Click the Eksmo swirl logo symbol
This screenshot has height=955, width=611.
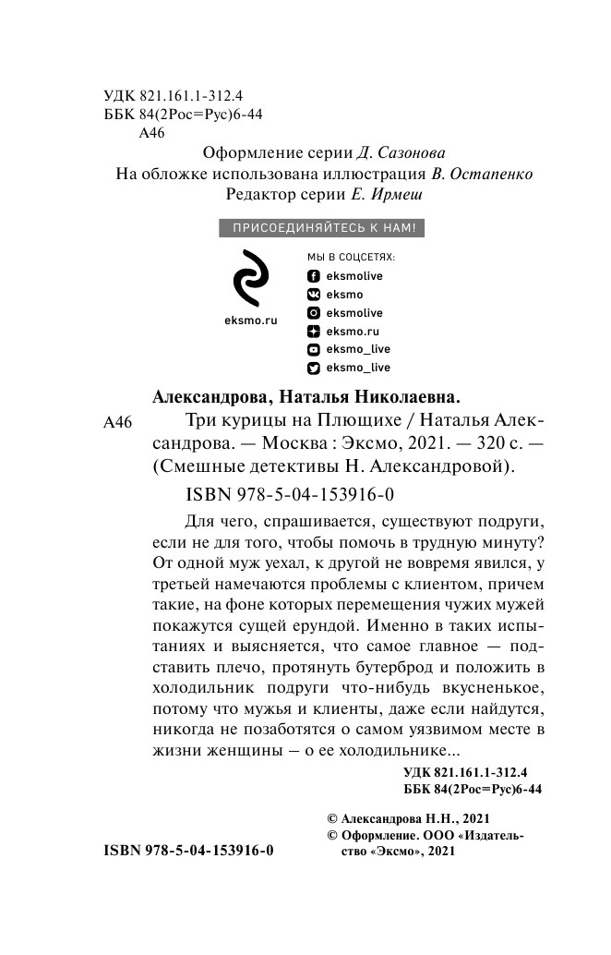coord(250,278)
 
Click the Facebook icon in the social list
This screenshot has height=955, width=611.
coord(313,276)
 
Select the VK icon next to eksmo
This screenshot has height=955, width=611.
coord(313,295)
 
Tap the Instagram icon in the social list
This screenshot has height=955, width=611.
coord(313,313)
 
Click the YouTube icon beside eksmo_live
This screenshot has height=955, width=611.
coord(313,349)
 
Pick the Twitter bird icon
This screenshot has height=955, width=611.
coord(313,368)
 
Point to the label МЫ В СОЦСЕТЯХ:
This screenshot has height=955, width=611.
coord(350,257)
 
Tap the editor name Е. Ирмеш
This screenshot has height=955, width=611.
coord(377,195)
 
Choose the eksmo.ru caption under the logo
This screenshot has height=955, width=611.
coord(251,320)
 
